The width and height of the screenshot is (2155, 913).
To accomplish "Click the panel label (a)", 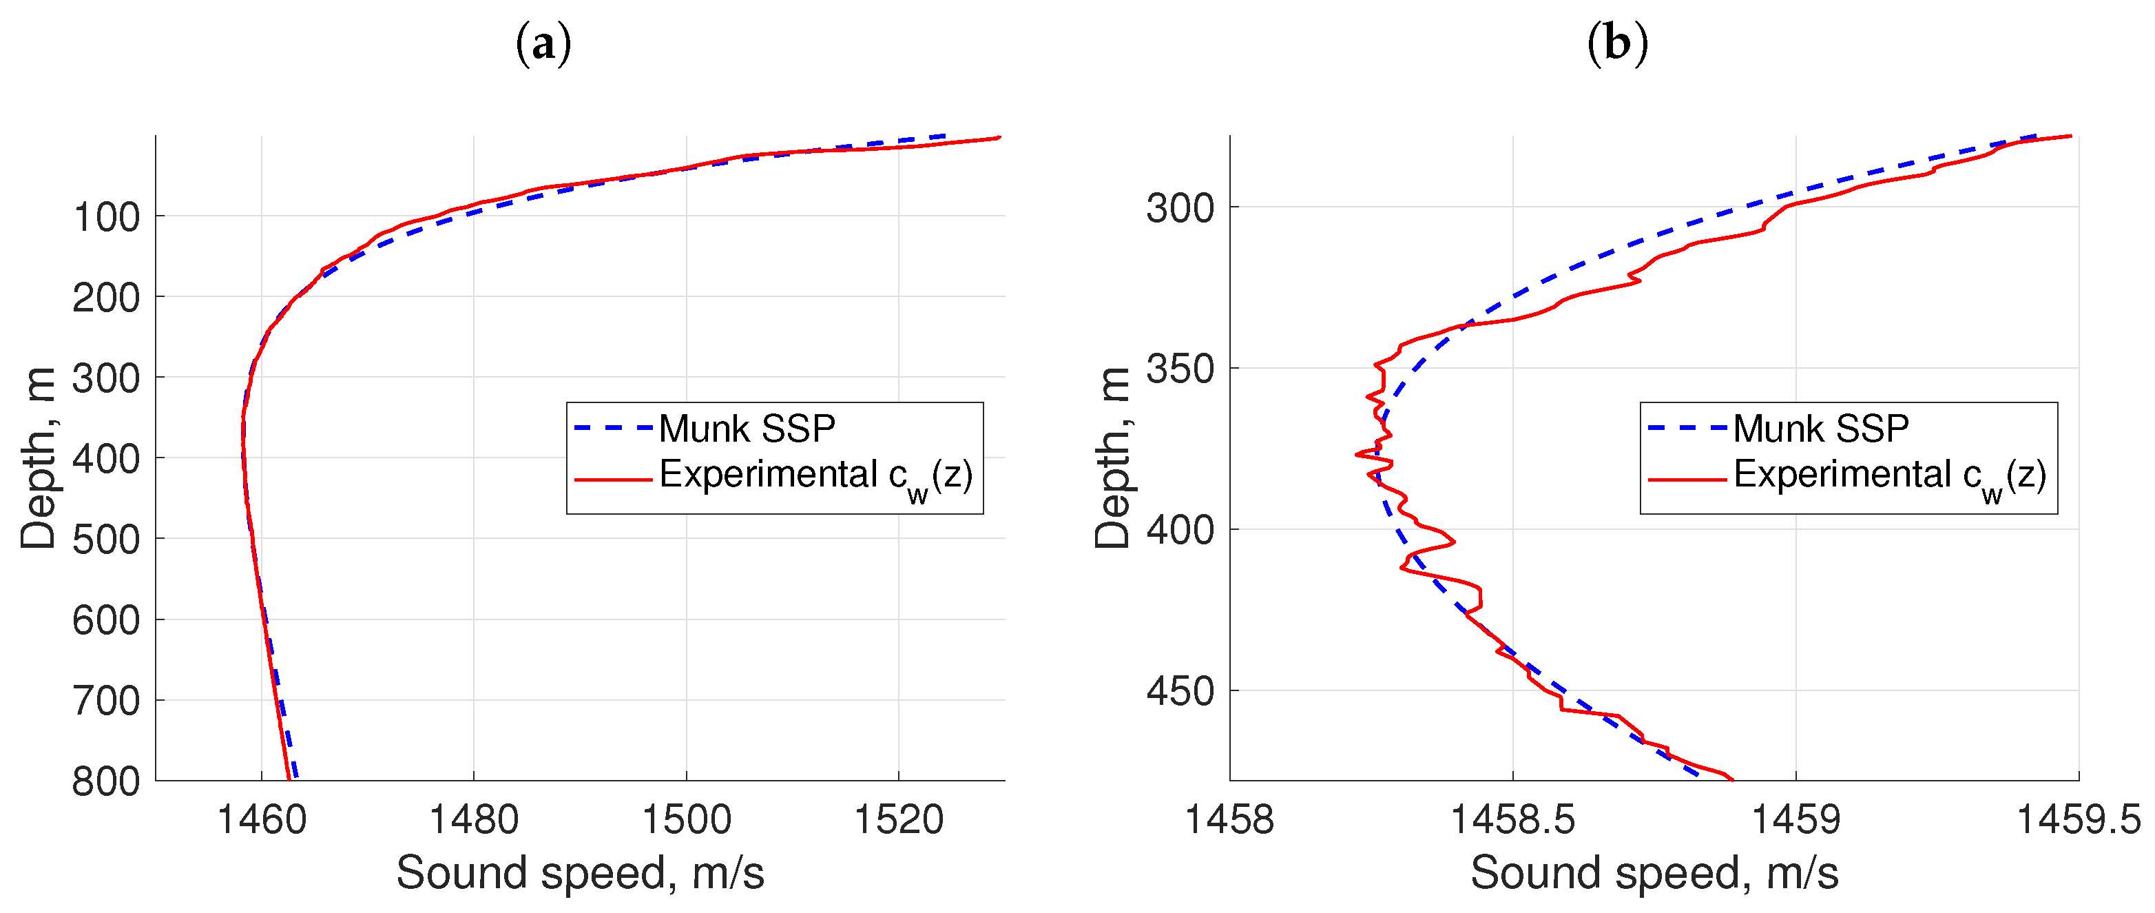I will click(543, 43).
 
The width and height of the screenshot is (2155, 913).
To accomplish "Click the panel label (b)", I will click(1616, 43).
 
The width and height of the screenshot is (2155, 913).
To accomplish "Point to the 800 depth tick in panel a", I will click(106, 781).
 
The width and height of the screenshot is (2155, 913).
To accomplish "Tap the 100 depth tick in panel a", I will click(106, 217).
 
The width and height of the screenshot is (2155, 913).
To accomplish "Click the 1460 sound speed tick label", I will click(261, 819).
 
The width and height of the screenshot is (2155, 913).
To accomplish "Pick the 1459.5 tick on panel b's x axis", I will click(2078, 819).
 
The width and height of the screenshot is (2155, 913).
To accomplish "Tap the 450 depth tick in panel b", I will click(1180, 691).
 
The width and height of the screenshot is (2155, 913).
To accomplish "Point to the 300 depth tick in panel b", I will click(1180, 207).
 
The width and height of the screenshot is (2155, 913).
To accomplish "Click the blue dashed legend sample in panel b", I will click(1686, 429).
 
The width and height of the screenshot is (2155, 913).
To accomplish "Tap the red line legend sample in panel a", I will click(612, 480).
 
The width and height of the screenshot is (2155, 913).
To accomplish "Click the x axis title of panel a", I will click(580, 873).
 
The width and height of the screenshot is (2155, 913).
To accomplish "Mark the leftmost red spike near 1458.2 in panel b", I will click(1357, 454).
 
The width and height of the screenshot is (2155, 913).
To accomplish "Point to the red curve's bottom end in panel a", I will click(289, 778).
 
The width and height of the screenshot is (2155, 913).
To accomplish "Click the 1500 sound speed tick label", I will click(686, 819).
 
